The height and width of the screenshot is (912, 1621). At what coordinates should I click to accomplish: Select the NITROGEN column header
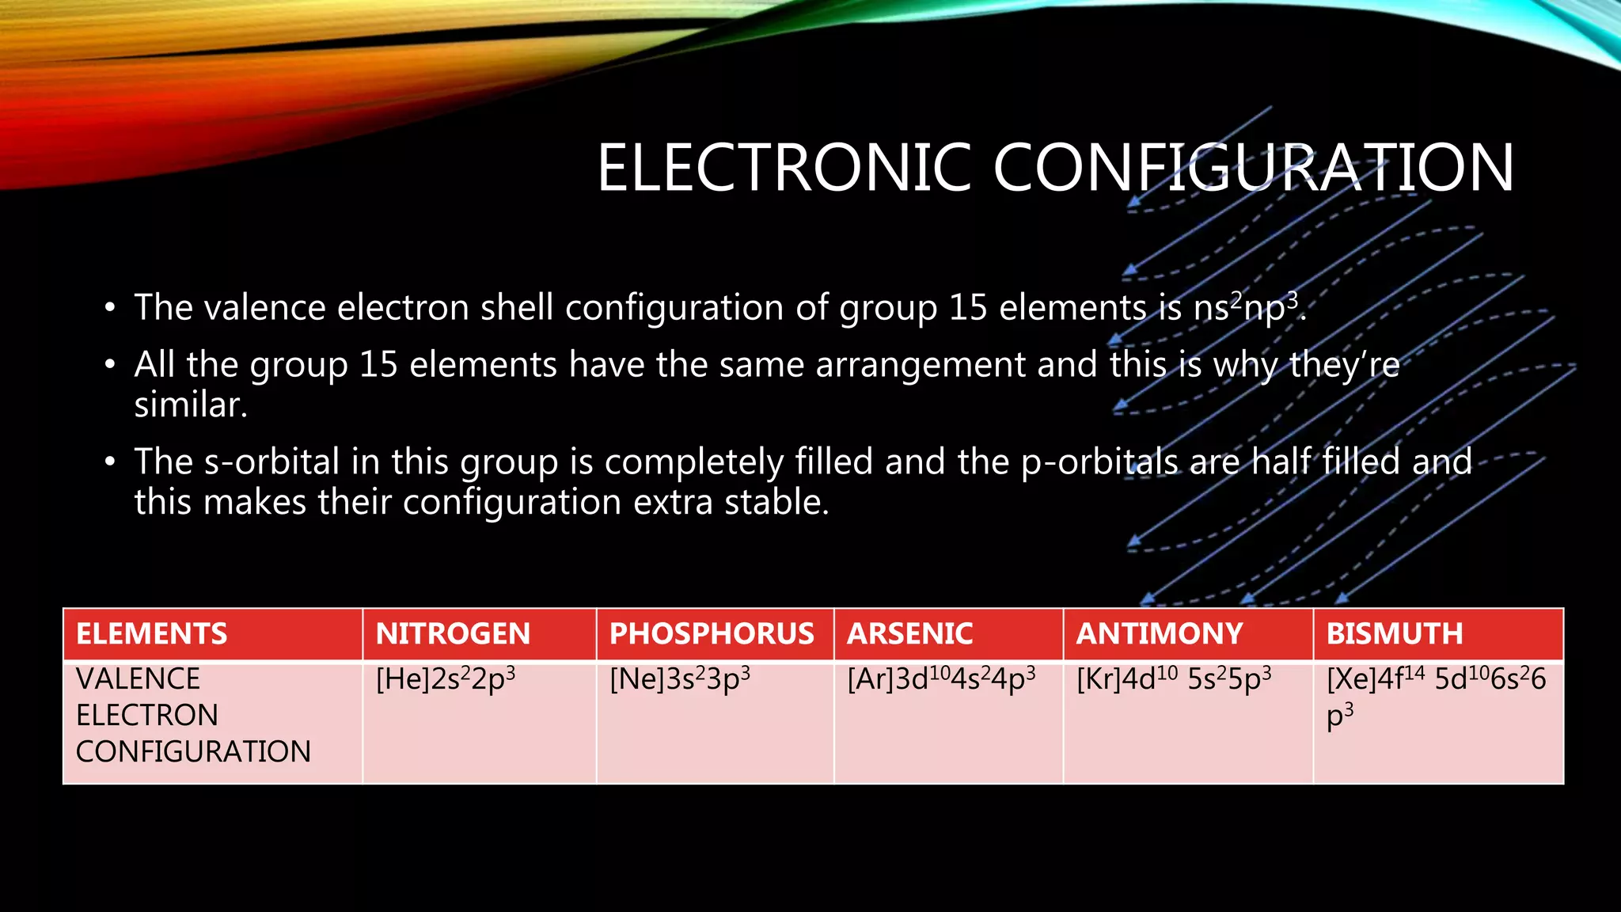point(453,634)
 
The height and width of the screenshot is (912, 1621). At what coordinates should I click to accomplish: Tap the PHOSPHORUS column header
point(712,634)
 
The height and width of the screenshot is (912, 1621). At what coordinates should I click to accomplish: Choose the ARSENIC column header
point(909,634)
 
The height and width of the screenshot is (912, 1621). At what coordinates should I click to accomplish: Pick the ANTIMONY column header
point(1159,634)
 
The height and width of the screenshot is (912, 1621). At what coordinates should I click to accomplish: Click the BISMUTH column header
point(1395,634)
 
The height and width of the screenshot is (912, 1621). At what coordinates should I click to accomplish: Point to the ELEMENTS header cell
point(151,634)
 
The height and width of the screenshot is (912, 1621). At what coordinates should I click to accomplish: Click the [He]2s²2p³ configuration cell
point(446,680)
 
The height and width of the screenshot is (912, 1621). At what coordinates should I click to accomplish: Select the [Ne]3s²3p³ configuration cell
point(680,680)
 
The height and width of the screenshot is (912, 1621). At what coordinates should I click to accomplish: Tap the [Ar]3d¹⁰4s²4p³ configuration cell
point(941,680)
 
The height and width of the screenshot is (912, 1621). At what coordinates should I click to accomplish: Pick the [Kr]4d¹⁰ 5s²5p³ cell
point(1174,680)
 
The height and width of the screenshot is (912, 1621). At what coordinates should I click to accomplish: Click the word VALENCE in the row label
point(138,679)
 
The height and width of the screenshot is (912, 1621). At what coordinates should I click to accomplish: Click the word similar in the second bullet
point(190,405)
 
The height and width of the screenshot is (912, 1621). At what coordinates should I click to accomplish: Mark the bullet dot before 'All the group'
point(110,366)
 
